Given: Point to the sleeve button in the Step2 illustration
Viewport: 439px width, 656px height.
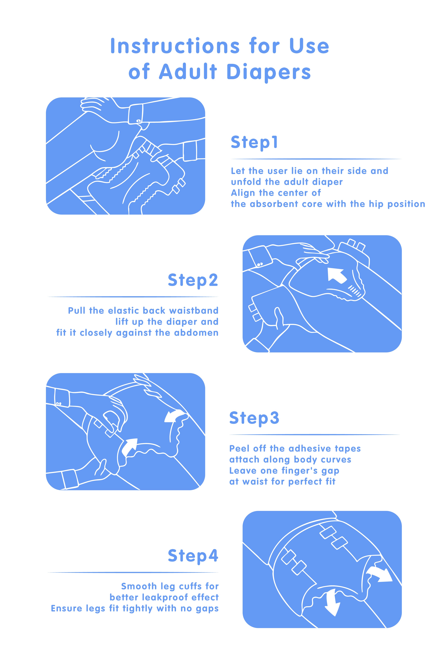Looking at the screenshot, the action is pos(260,264).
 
